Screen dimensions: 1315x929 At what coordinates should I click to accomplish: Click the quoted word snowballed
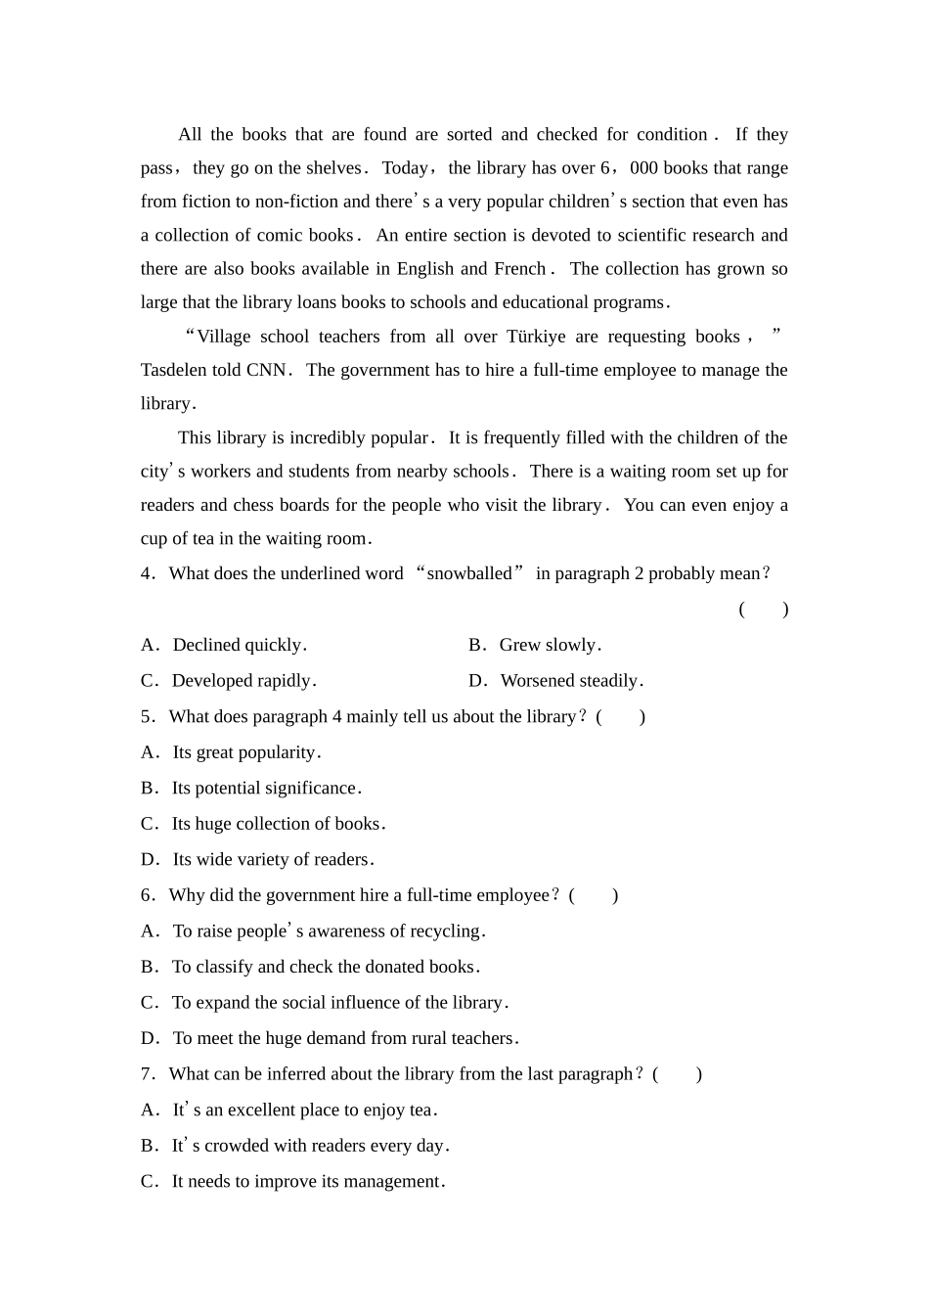(x=469, y=573)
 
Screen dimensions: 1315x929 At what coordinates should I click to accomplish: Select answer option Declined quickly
(x=240, y=645)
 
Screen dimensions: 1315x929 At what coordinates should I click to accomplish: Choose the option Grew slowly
(x=550, y=645)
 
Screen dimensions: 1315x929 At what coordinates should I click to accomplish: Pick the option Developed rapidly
(x=243, y=681)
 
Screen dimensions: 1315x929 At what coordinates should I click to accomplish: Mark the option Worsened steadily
(x=571, y=681)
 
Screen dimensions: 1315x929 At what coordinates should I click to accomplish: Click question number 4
(x=147, y=573)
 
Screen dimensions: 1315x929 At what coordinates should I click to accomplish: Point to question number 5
(x=147, y=717)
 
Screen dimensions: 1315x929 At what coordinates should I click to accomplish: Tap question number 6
(x=147, y=895)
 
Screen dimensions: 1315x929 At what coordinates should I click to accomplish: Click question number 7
(x=147, y=1074)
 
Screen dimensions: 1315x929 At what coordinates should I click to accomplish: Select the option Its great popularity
(x=246, y=752)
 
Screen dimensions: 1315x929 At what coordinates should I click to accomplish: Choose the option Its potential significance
(x=266, y=789)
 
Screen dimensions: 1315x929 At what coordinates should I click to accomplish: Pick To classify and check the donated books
(x=326, y=967)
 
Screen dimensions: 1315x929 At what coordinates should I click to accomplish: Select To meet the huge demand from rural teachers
(x=345, y=1038)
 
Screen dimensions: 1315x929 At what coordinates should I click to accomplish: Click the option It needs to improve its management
(x=308, y=1181)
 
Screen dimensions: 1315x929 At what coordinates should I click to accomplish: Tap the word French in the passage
(x=520, y=269)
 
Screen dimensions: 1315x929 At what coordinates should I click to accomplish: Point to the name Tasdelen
(x=175, y=370)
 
